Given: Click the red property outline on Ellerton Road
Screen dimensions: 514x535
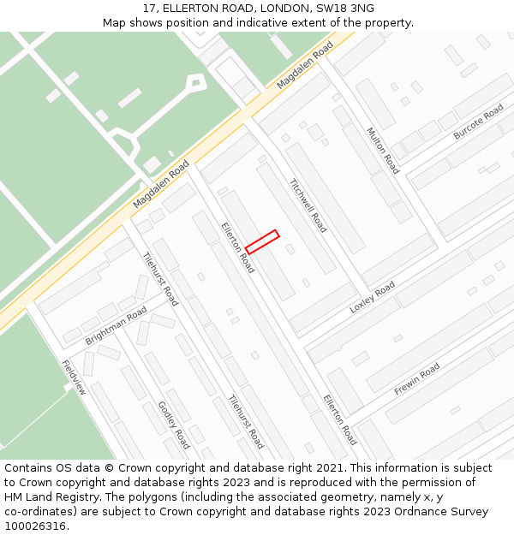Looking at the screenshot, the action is coord(262,241).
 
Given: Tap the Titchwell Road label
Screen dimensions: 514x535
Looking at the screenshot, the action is coord(308,205).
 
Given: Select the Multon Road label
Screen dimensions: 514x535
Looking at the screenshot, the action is coord(383,151).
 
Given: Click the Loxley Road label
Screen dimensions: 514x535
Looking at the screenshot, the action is coord(373,297).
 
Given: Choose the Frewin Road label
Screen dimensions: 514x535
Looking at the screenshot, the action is coord(417,378).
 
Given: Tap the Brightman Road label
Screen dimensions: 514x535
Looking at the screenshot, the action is coord(116,327).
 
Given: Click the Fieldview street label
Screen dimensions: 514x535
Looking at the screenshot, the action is coord(74,377).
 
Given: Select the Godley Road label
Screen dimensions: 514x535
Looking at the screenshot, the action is coord(173,425).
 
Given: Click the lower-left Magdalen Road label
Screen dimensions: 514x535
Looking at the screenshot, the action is coord(161,185).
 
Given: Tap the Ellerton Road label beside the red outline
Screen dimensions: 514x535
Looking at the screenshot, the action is coord(237,247).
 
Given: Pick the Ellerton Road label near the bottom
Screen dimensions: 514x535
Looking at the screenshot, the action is coord(339,419).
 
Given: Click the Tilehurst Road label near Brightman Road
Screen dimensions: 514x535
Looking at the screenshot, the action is coord(160,279).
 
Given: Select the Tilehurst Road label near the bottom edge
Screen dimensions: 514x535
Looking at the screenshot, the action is coord(246,421).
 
